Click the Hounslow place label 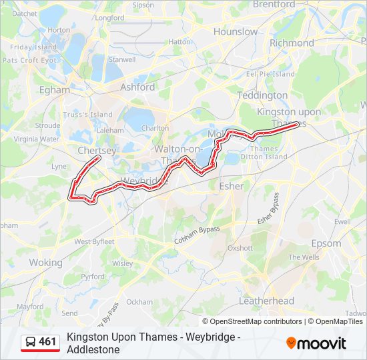click(235, 31)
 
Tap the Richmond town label click(292, 43)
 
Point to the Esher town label click(232, 186)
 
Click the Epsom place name click(326, 243)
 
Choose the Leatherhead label click(266, 301)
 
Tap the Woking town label click(45, 263)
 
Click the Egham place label click(54, 89)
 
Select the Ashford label click(137, 87)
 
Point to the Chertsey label click(97, 151)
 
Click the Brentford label click(274, 4)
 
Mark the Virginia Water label click(36, 139)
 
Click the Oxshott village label click(240, 247)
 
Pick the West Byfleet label click(94, 241)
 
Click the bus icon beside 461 click(31, 342)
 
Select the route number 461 click(48, 342)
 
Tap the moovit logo click(316, 343)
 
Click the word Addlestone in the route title click(93, 349)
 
